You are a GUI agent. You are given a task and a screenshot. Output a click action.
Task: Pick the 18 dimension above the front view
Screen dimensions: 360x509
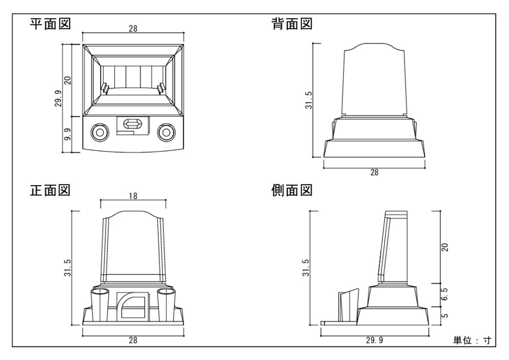[132, 196]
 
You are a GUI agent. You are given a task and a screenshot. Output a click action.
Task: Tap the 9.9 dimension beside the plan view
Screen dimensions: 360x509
[67, 135]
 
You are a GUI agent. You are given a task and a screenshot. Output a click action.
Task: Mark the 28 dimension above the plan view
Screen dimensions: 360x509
[133, 29]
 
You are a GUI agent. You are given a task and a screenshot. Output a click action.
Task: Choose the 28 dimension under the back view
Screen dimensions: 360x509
[374, 173]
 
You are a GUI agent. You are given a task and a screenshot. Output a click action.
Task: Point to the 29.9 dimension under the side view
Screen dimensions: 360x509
[374, 340]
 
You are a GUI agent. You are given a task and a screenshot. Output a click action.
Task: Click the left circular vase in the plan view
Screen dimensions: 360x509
[100, 132]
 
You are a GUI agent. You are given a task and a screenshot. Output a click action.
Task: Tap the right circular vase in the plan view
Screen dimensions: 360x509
[167, 132]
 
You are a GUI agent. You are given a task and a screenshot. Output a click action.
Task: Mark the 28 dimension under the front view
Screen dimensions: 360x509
[133, 340]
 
